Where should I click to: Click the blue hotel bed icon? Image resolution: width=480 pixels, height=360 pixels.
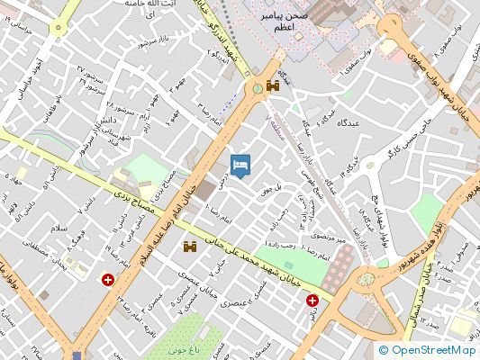(241, 165)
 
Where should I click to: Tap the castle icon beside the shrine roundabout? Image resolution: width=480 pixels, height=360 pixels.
(270, 87)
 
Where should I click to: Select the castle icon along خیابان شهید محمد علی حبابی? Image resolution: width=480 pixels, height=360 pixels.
(191, 247)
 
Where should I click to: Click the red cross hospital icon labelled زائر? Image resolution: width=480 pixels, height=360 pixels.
(312, 301)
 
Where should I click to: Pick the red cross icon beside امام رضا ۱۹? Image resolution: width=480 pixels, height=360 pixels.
(109, 281)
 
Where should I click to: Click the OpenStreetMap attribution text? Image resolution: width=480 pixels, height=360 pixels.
(427, 350)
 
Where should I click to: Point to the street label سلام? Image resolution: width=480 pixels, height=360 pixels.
(59, 230)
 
